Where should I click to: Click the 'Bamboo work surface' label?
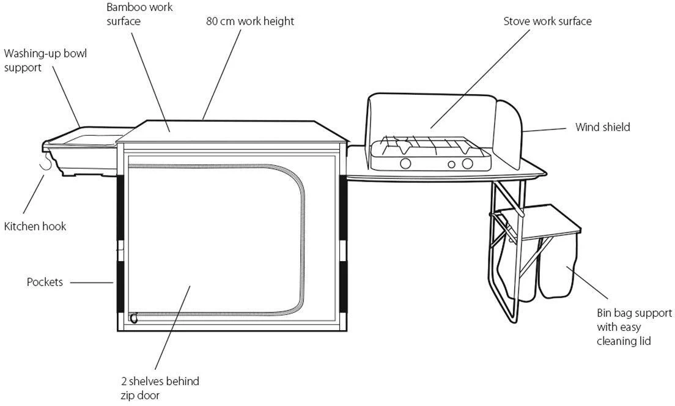coord(139,14)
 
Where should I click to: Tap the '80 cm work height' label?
coord(250,21)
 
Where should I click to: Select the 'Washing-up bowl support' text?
coord(46,61)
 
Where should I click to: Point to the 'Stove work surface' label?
coord(547,21)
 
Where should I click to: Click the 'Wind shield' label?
coord(602,127)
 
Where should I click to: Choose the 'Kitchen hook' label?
coord(35,226)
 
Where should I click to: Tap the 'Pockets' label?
coord(45,282)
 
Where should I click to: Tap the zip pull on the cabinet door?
coord(133,318)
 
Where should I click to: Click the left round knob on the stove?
coord(405,163)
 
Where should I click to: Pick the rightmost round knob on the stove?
coord(468,163)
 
